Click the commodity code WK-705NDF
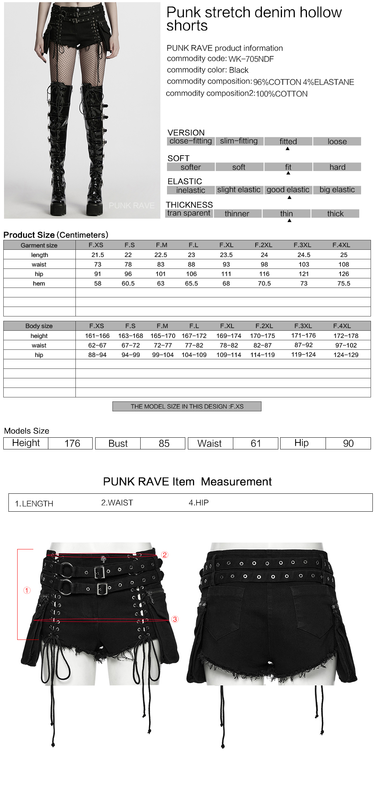point(251,59)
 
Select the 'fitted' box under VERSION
point(288,141)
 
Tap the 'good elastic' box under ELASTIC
point(288,190)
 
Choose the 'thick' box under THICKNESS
point(335,214)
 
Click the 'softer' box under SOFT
point(190,167)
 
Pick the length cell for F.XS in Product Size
point(98,255)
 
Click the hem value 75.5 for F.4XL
point(344,283)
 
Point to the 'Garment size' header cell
point(39,245)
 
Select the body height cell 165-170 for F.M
point(163,336)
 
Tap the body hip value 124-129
point(346,355)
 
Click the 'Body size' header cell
point(39,326)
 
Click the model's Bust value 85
point(164,444)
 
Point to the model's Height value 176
point(72,444)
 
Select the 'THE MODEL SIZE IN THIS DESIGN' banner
point(187,407)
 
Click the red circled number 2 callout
point(165,555)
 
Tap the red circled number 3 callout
point(175,619)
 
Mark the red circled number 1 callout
point(27,590)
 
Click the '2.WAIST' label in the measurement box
point(117,503)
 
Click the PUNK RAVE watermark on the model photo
point(131,206)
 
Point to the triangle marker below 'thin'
point(289,220)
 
